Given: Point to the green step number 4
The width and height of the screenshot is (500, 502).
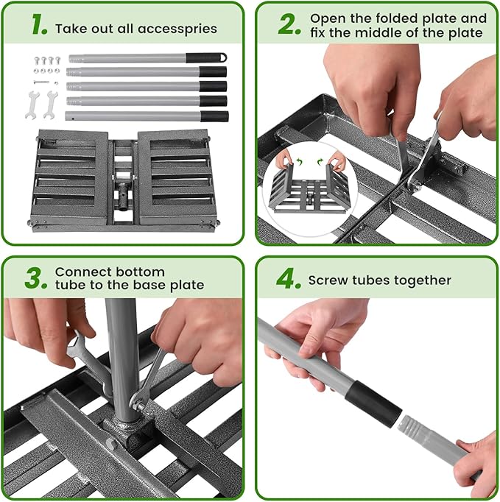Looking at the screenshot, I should [289, 279].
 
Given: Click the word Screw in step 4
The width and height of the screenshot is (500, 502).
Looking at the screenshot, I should [328, 280].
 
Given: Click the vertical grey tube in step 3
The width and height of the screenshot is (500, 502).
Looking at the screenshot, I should [122, 353].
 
